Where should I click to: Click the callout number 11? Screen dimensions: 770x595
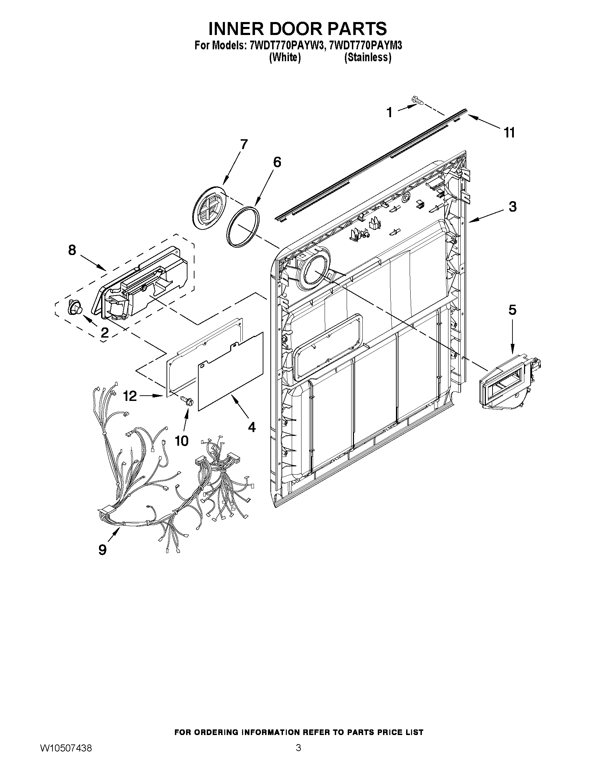tap(509, 133)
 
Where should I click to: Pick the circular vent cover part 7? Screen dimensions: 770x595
tap(209, 209)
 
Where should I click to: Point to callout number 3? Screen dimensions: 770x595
tap(512, 207)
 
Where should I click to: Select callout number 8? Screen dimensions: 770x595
tap(72, 250)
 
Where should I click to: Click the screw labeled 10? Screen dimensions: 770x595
tap(187, 401)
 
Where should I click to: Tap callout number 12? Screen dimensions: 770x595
tap(130, 396)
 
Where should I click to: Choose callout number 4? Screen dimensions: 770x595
tap(251, 427)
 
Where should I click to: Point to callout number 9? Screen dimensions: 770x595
tap(102, 550)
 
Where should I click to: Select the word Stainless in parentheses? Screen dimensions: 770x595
tap(368, 57)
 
